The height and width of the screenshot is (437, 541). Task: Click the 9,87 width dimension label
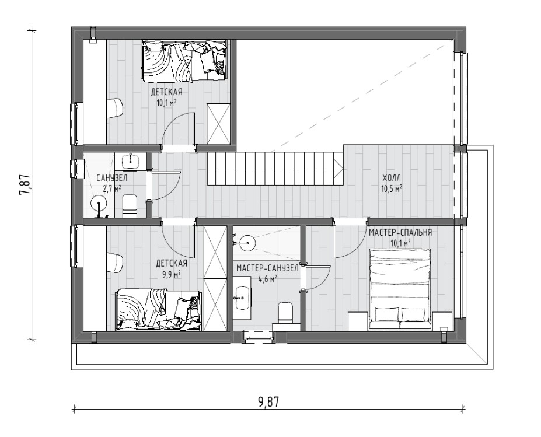[268, 402]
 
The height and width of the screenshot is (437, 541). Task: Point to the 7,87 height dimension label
[26, 185]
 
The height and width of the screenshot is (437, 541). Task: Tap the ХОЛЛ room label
[392, 178]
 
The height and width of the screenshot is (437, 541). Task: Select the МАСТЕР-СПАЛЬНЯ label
[400, 232]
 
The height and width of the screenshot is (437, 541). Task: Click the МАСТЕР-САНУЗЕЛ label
[267, 268]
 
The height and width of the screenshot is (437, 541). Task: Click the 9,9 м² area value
[172, 275]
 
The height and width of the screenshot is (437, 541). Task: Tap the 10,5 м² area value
[392, 188]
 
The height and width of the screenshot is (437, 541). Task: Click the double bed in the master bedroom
[400, 289]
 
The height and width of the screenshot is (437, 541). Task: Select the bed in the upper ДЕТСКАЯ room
[184, 61]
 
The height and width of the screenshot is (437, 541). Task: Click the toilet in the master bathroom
[285, 313]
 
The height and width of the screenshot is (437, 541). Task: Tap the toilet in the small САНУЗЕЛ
[130, 206]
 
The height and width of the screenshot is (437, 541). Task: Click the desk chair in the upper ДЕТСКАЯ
[114, 108]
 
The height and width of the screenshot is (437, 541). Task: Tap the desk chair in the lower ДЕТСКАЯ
[114, 264]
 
